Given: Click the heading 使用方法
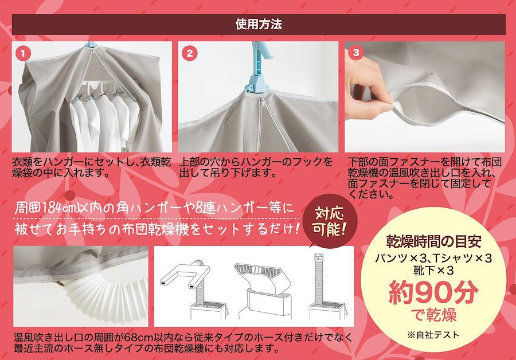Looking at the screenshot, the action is tap(259, 24).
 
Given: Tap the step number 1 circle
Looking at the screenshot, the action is tap(23, 54).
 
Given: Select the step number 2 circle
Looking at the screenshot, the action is tap(190, 53).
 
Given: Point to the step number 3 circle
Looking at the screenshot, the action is tap(355, 53).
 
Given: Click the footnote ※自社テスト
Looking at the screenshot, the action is tap(433, 335).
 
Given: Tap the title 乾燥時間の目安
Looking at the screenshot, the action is tap(434, 242).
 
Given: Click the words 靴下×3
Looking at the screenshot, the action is tap(433, 270).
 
